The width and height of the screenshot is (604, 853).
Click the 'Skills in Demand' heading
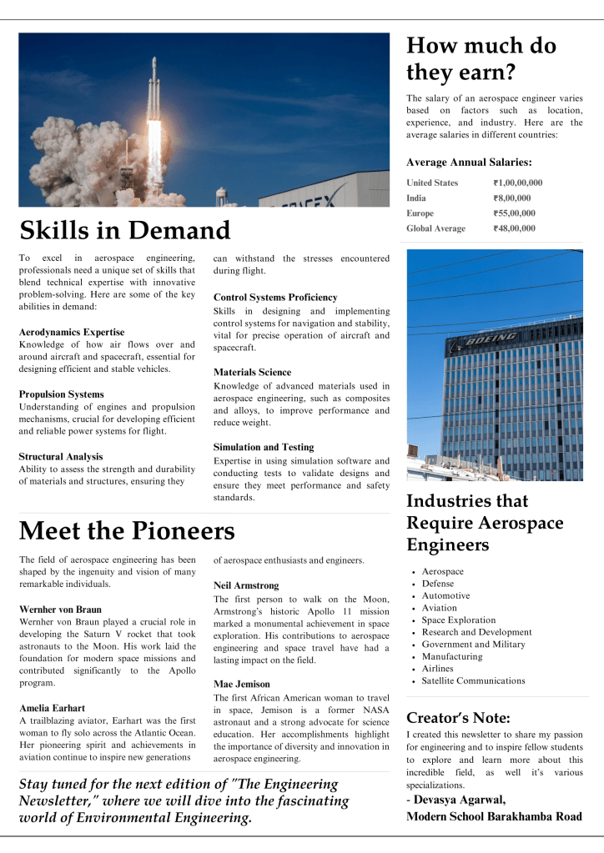(x=124, y=231)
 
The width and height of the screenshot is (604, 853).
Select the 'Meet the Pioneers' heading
(x=127, y=531)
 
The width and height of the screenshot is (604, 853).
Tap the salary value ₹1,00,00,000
(x=517, y=183)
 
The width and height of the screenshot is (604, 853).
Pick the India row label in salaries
(x=416, y=198)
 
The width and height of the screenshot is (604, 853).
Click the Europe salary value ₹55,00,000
(x=514, y=213)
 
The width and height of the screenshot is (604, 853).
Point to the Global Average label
(x=435, y=228)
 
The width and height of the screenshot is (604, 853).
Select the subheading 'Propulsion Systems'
(x=61, y=394)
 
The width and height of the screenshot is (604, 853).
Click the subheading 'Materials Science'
(x=252, y=372)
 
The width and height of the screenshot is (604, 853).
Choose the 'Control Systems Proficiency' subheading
(x=275, y=297)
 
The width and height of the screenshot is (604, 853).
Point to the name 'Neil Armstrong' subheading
(x=246, y=585)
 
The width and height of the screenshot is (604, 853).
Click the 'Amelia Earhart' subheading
(x=52, y=707)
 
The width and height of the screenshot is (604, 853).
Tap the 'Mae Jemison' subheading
(x=241, y=684)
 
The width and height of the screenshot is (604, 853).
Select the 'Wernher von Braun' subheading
(x=60, y=610)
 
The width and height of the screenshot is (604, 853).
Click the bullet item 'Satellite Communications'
(x=473, y=680)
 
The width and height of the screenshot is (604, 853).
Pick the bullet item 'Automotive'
(x=445, y=595)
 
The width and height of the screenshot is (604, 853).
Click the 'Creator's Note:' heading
(x=458, y=717)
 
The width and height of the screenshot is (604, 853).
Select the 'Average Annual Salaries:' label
(x=469, y=163)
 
